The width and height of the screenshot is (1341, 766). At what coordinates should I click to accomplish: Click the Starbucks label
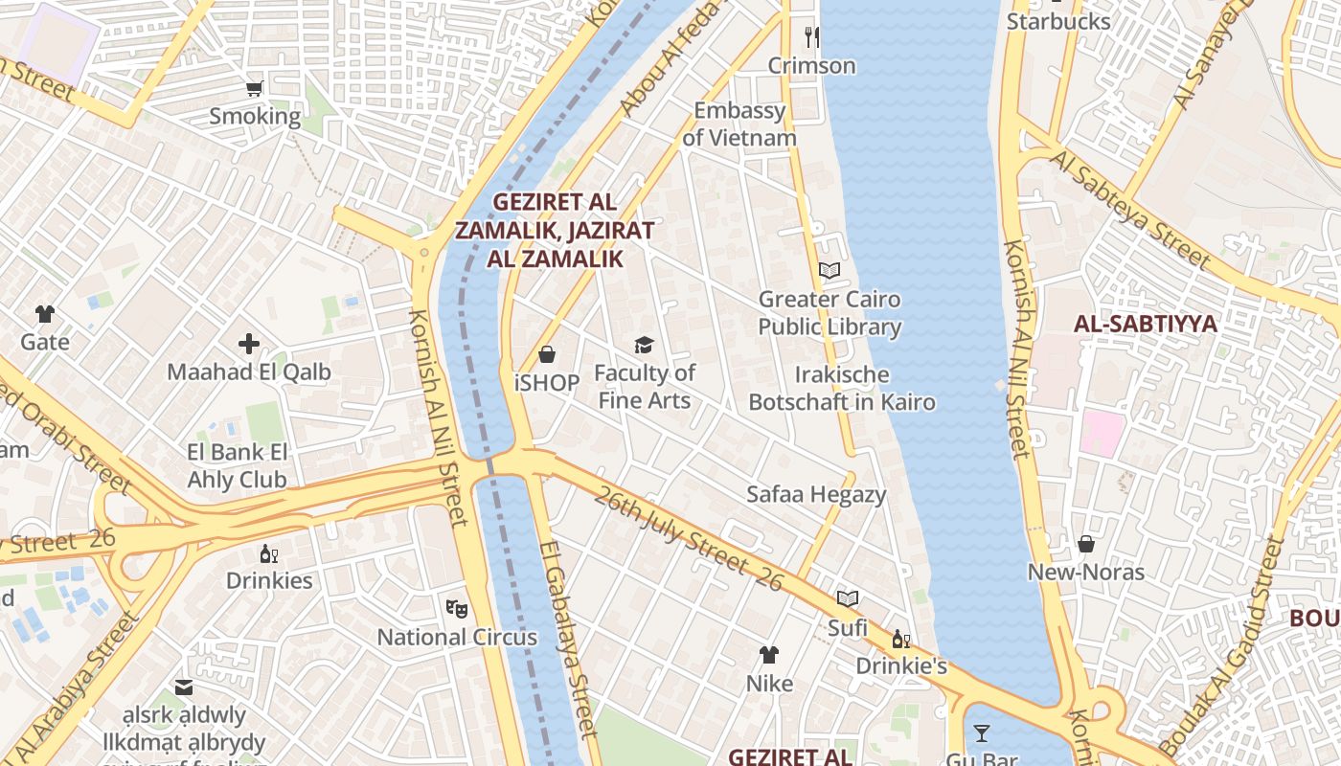pos(1058,21)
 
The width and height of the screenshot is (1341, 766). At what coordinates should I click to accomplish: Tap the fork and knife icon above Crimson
pos(812,37)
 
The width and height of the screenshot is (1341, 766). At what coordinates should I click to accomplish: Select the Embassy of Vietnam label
pos(739,124)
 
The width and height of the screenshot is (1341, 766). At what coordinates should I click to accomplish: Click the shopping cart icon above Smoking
pos(255,89)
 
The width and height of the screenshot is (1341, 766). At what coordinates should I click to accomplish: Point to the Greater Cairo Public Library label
pos(830,313)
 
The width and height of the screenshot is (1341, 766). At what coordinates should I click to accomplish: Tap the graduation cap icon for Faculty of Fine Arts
pos(644,345)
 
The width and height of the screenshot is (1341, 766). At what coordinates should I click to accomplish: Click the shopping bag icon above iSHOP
pos(547,355)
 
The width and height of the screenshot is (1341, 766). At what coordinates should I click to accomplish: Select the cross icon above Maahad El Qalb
pos(249,344)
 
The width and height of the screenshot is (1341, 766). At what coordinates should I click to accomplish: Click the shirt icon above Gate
pos(45,314)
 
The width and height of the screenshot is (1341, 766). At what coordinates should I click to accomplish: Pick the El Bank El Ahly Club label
pos(237,465)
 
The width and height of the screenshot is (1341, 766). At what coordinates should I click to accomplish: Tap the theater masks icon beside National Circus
pos(457,608)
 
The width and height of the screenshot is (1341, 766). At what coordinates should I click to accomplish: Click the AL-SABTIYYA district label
pos(1145,324)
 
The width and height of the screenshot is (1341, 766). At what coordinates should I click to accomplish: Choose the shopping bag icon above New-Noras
pos(1086,544)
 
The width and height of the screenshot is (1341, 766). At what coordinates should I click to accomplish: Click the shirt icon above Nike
pos(769,655)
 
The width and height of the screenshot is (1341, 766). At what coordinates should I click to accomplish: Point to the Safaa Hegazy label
pos(816,494)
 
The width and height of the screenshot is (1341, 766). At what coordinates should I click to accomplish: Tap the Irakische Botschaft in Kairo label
pos(842,388)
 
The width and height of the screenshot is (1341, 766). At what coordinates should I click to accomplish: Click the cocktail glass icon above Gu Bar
pos(982,734)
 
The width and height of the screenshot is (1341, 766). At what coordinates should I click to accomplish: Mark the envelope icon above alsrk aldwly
pos(184,687)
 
